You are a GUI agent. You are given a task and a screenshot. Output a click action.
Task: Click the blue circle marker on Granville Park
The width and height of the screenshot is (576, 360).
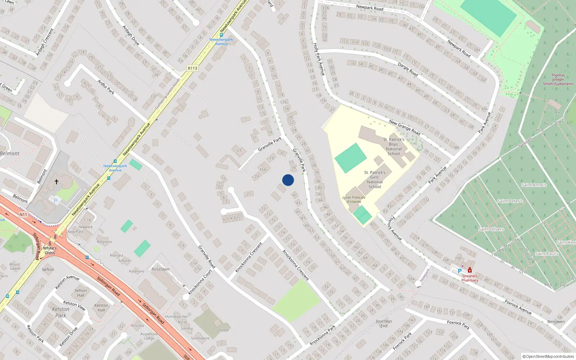pyautogui.click(x=288, y=180)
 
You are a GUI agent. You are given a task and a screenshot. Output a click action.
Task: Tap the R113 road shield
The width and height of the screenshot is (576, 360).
pyautogui.click(x=193, y=68)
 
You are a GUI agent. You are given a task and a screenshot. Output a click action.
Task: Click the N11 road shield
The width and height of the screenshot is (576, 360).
pyautogui.click(x=23, y=215)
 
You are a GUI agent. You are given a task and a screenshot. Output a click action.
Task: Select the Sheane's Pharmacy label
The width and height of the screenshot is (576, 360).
pyautogui.click(x=470, y=278)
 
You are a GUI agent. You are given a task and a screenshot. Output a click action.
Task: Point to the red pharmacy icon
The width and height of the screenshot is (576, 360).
pyautogui.click(x=470, y=270)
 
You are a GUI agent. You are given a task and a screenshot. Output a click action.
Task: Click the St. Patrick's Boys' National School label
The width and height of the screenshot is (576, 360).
pyautogui.click(x=393, y=147)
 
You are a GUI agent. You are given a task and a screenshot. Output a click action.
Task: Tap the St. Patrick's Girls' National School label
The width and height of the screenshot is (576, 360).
pyautogui.click(x=375, y=180)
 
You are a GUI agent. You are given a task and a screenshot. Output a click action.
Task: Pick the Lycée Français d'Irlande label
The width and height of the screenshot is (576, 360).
pyautogui.click(x=354, y=199)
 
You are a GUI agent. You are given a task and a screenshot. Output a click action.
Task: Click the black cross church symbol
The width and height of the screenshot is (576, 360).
pyautogui.click(x=57, y=182)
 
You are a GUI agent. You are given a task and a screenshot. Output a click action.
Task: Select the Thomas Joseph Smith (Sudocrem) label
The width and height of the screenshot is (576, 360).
pyautogui.click(x=558, y=80)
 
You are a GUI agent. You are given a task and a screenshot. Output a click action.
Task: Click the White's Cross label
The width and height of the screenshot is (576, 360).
pyautogui.click(x=50, y=250)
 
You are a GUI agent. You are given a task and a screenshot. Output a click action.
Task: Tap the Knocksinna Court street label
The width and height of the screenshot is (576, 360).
pyautogui.click(x=200, y=282)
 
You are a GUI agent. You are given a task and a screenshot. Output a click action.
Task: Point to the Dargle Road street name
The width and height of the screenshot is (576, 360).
pyautogui.click(x=408, y=69)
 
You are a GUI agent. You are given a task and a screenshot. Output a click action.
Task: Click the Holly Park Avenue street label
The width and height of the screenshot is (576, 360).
pyautogui.click(x=319, y=59)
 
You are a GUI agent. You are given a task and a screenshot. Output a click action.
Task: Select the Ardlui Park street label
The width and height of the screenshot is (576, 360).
pyautogui.click(x=106, y=87)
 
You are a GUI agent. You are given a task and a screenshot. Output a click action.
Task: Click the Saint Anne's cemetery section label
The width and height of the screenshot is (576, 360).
pyautogui.click(x=534, y=185)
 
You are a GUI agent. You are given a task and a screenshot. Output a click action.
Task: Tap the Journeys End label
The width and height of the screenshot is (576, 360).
pyautogui.click(x=384, y=323)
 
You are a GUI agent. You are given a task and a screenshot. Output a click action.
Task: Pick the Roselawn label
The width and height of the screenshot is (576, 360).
pyautogui.click(x=161, y=269)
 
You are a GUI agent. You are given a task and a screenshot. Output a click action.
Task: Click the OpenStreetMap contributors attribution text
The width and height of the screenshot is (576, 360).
pyautogui.click(x=548, y=357)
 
